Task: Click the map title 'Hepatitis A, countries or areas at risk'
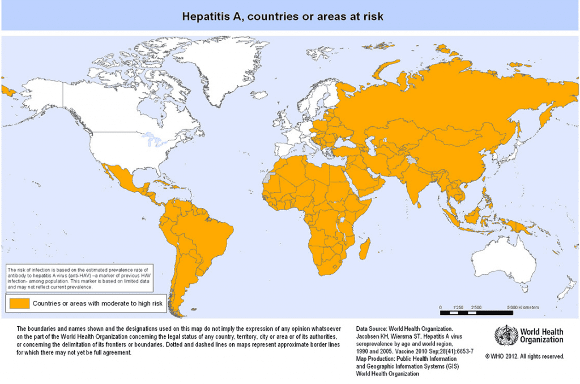[282, 16]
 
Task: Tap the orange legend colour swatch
[18, 304]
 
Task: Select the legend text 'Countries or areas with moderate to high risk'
[97, 304]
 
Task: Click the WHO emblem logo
[505, 335]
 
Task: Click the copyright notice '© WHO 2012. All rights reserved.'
[525, 356]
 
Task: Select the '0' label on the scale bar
[441, 307]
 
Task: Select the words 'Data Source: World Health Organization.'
[404, 328]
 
